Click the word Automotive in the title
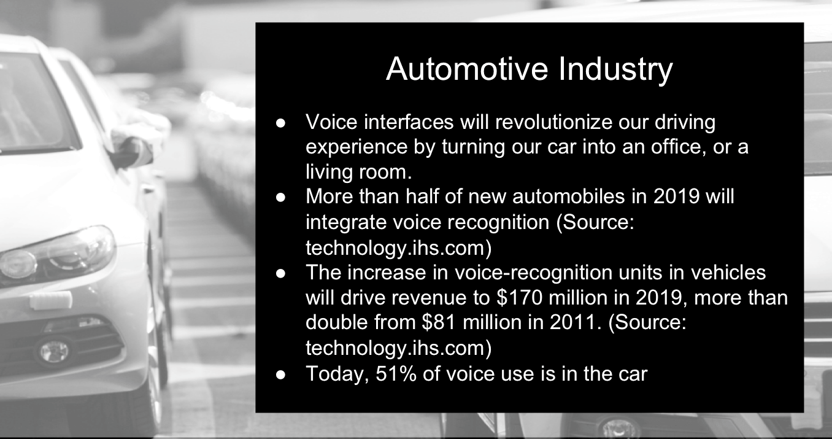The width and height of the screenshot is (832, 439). click(467, 69)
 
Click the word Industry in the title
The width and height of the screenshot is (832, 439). click(615, 71)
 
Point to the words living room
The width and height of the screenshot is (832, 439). click(359, 172)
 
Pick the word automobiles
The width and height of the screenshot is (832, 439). click(569, 196)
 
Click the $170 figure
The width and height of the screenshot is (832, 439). click(519, 297)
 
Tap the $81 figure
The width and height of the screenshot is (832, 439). click(439, 322)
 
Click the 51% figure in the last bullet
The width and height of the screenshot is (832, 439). click(396, 373)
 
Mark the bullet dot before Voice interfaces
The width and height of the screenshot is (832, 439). click(281, 123)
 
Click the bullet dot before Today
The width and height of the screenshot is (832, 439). click(281, 375)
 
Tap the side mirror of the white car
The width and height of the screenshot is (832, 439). click(132, 152)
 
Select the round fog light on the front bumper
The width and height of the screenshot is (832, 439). click(54, 351)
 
